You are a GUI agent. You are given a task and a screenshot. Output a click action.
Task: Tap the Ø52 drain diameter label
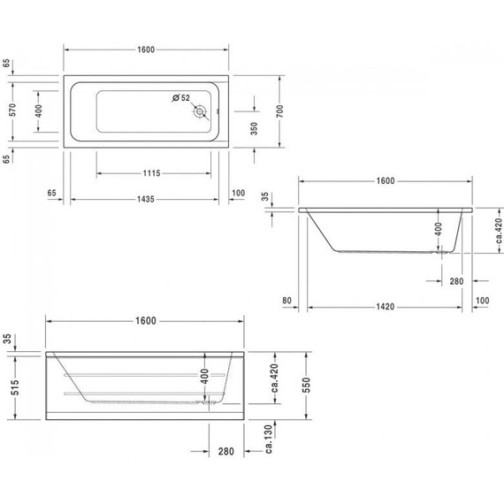(181, 97)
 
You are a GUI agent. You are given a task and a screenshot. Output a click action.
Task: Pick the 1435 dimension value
(146, 199)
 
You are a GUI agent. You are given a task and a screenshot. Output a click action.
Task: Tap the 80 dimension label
(287, 302)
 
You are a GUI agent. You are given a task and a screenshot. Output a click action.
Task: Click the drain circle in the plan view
(202, 112)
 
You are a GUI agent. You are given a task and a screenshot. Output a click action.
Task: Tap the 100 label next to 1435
(238, 192)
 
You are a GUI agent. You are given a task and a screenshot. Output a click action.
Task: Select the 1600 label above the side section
(385, 180)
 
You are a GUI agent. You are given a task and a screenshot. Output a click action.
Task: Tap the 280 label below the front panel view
(225, 452)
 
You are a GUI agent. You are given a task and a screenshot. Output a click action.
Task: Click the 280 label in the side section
(456, 281)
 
